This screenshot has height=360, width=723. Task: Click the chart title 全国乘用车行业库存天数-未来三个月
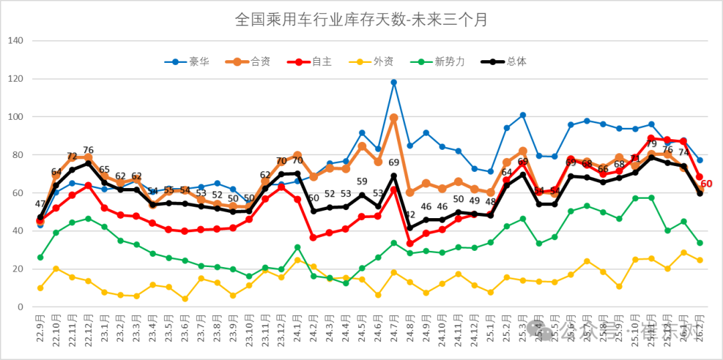(x=361, y=19)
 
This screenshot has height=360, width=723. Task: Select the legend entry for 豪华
(x=188, y=62)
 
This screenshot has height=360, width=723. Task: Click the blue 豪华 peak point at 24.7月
(x=394, y=82)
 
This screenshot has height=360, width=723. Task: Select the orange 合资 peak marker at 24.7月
(x=394, y=118)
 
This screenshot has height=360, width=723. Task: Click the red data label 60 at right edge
(x=706, y=184)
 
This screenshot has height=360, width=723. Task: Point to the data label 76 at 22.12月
(x=88, y=150)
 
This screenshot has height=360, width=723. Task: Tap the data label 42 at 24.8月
(x=410, y=215)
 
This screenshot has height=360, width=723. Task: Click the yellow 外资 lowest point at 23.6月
(x=185, y=298)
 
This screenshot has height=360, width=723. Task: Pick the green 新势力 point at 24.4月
(x=345, y=283)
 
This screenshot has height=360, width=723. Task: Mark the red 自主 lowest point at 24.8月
(x=410, y=244)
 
